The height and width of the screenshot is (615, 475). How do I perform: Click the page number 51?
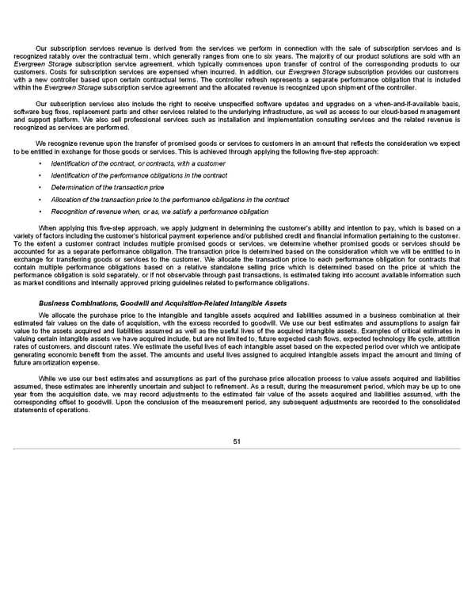[237, 441]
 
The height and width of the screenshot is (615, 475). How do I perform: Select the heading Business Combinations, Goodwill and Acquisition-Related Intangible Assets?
[162, 304]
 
